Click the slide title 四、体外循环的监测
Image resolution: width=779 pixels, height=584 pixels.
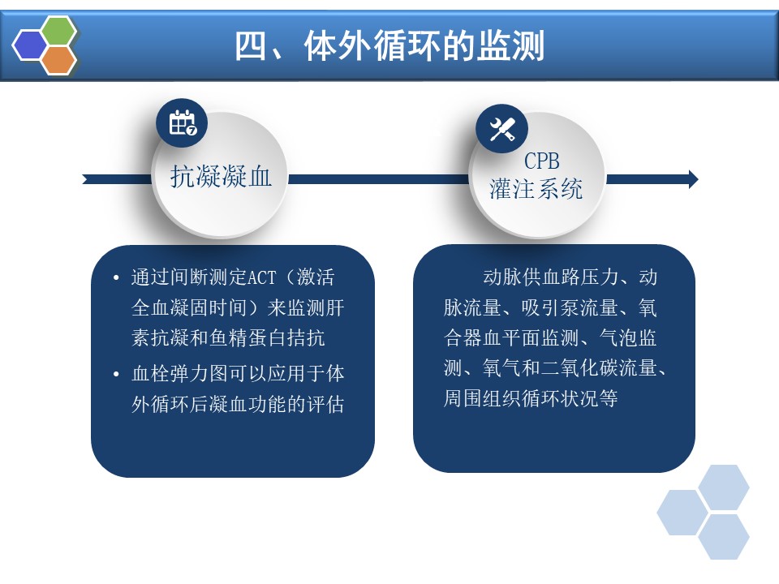(389, 45)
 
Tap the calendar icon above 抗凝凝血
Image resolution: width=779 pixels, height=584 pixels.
(182, 122)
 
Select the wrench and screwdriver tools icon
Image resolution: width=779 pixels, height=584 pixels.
(501, 129)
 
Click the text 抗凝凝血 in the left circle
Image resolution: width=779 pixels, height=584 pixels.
(221, 176)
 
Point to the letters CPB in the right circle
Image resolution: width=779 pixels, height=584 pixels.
(541, 161)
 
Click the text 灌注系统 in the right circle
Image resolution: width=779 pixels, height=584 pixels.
(536, 189)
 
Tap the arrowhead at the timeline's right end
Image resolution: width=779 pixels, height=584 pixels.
(692, 179)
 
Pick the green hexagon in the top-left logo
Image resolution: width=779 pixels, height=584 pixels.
(58, 31)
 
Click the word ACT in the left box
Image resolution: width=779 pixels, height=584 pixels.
(261, 277)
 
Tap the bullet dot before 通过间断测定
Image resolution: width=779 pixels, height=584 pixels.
(116, 277)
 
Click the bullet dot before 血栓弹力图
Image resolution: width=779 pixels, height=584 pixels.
(116, 374)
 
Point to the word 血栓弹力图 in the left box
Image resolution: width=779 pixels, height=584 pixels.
(180, 373)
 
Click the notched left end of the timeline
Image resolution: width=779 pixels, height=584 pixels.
(85, 179)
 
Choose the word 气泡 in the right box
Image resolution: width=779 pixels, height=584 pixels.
(618, 337)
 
